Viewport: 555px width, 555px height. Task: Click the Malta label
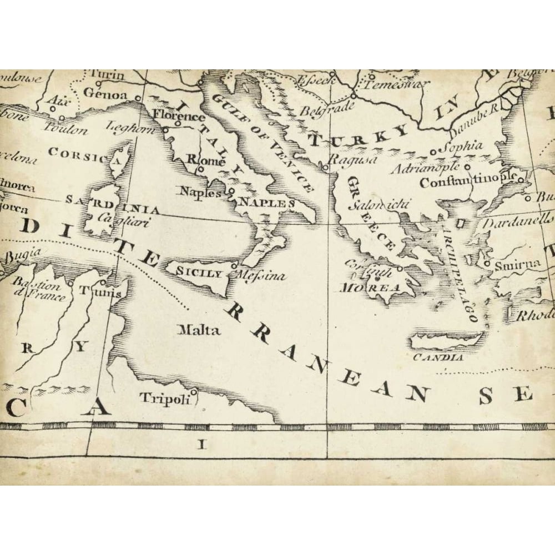[199, 330]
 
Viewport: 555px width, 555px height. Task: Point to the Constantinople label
[467, 182]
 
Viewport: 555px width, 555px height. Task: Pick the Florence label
[178, 117]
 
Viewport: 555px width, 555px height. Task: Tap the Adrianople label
[425, 167]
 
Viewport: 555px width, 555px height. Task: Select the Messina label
[261, 275]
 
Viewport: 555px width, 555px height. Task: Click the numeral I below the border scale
[203, 444]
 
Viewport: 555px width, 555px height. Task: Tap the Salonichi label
[379, 204]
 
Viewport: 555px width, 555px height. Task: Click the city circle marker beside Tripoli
[194, 392]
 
